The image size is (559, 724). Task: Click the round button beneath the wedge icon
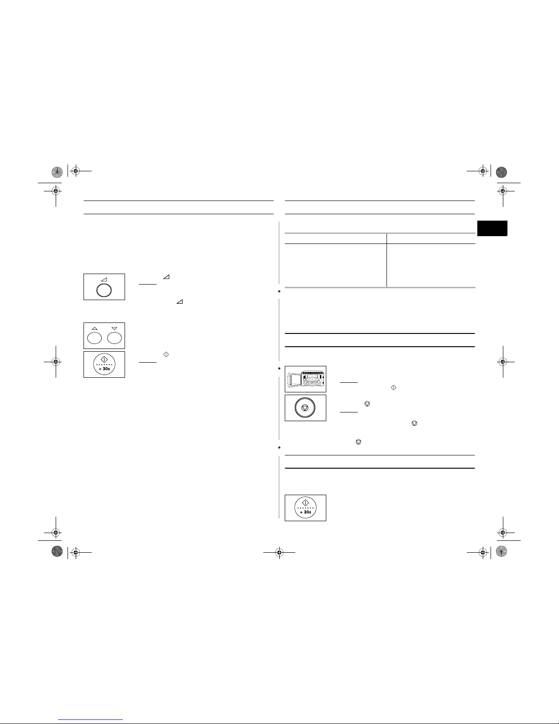click(x=104, y=290)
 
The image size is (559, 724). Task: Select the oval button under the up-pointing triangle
click(x=94, y=338)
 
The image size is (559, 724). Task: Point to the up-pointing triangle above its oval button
click(x=94, y=328)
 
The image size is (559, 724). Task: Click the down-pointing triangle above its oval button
click(x=115, y=328)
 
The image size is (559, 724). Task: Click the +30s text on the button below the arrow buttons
click(x=104, y=369)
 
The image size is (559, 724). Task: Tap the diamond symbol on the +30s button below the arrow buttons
click(x=104, y=359)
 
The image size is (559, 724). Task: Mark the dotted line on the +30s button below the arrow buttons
click(x=104, y=365)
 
